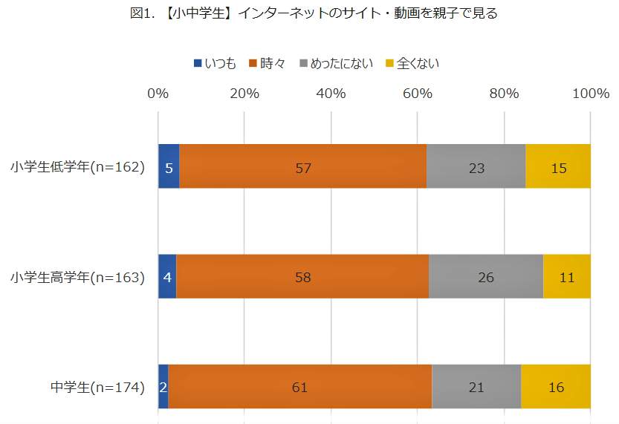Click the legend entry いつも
(x=215, y=63)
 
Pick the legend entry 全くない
(x=412, y=63)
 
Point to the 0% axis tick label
(x=158, y=94)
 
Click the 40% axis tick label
(x=331, y=94)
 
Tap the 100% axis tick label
(x=591, y=94)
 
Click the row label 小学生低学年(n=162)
(x=77, y=167)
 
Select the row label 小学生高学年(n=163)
(x=77, y=277)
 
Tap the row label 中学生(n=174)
(x=97, y=387)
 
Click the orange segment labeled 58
(x=302, y=276)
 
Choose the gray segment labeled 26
(x=485, y=276)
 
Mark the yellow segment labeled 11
(x=566, y=276)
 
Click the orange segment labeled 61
(x=300, y=386)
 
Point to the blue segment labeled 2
(x=163, y=386)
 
